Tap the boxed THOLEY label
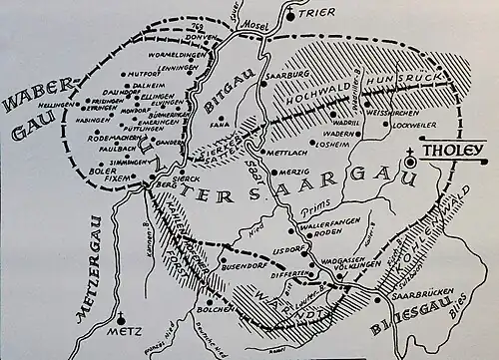458,152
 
